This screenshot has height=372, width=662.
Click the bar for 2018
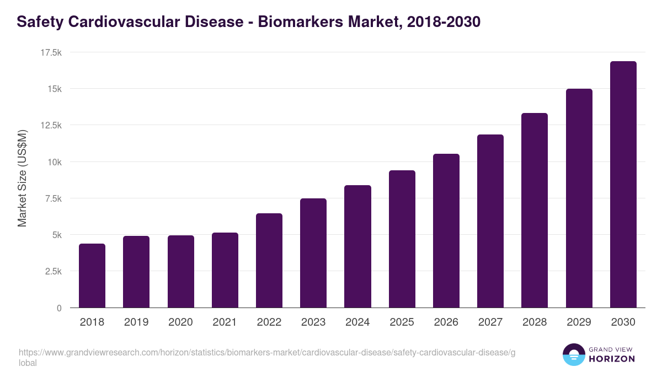pyautogui.click(x=92, y=276)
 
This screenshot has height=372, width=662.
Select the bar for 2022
pyautogui.click(x=269, y=260)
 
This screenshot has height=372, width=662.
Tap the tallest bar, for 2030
pyautogui.click(x=623, y=185)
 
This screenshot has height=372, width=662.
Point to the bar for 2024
pyautogui.click(x=357, y=246)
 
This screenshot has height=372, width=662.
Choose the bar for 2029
pyautogui.click(x=579, y=198)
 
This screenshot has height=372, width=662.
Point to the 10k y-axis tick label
pyautogui.click(x=54, y=162)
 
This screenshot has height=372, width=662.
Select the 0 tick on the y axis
pyautogui.click(x=58, y=308)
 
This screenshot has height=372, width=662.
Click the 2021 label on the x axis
pyautogui.click(x=225, y=322)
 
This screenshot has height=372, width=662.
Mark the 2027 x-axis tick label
pyautogui.click(x=490, y=322)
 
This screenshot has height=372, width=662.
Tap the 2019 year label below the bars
pyautogui.click(x=136, y=322)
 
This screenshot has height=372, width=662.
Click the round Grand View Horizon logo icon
pyautogui.click(x=573, y=354)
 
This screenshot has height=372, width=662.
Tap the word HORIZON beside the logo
pyautogui.click(x=612, y=359)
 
